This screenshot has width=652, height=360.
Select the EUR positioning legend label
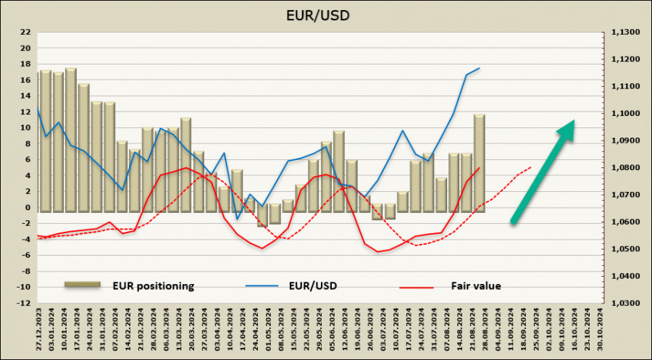tap(153, 285)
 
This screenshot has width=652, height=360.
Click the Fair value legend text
tap(475, 285)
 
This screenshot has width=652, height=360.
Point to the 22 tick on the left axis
tap(25, 33)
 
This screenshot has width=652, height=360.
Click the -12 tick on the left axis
tap(24, 304)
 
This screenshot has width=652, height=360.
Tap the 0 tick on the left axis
tap(27, 208)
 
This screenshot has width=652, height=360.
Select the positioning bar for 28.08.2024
tap(479, 163)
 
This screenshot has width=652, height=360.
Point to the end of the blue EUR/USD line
tap(480, 68)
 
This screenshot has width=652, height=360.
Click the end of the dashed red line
tap(531, 167)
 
